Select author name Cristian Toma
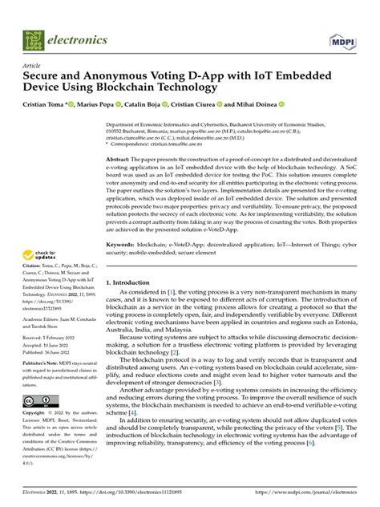point(46,104)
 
